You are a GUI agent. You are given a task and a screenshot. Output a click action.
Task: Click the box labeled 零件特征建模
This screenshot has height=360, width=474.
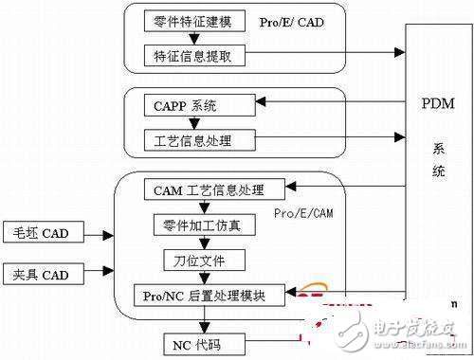(194, 20)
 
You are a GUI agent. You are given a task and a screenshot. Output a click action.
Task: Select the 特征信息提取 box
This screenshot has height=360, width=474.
(194, 56)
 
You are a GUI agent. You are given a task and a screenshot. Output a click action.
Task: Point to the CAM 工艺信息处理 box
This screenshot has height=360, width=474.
(203, 189)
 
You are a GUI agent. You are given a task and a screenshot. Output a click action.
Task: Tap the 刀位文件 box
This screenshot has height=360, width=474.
(193, 259)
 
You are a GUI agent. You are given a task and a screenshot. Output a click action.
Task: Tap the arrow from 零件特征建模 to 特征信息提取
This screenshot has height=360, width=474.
(193, 38)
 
